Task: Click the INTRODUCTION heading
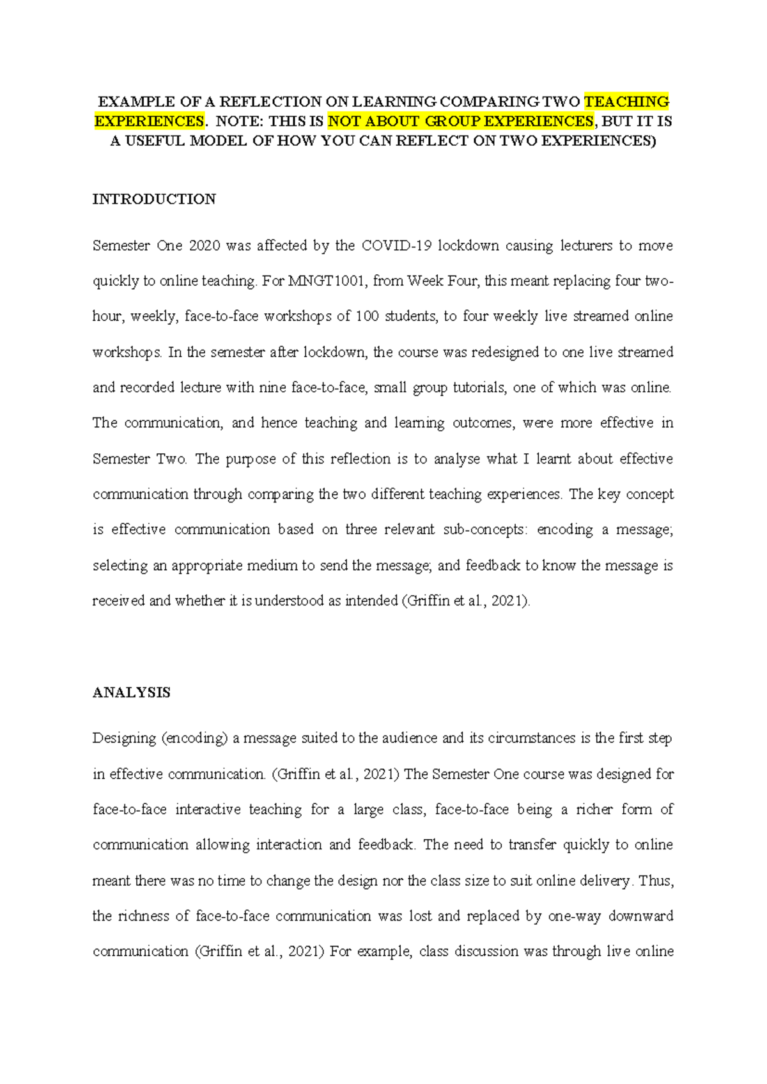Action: pyautogui.click(x=154, y=199)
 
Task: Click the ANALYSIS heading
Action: pyautogui.click(x=131, y=693)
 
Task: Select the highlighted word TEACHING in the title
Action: pyautogui.click(x=626, y=102)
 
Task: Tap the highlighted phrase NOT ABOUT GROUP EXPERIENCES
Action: pyautogui.click(x=461, y=121)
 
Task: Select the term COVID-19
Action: pyautogui.click(x=396, y=246)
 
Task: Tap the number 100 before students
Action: pyautogui.click(x=368, y=316)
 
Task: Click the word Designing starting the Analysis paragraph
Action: pyautogui.click(x=124, y=739)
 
